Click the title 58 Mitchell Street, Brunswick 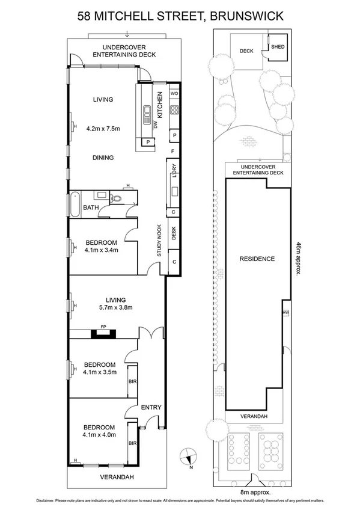(x=180, y=16)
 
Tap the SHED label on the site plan (x=278, y=46)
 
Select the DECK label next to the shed (x=246, y=51)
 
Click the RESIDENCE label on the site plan (x=257, y=259)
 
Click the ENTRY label (x=151, y=407)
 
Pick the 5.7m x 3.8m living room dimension (x=115, y=308)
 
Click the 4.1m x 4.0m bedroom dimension (x=99, y=434)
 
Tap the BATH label (x=91, y=208)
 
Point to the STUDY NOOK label (x=159, y=241)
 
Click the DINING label (x=103, y=158)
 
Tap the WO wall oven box (x=174, y=94)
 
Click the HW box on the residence (x=285, y=313)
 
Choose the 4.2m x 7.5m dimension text (x=103, y=128)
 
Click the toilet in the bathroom (x=117, y=197)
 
